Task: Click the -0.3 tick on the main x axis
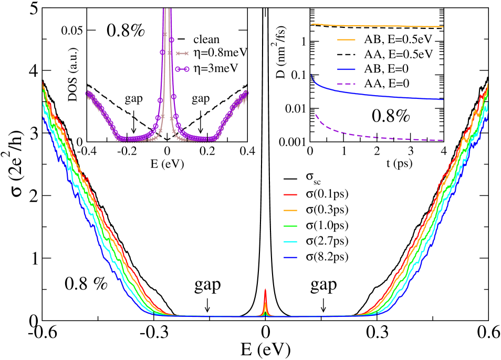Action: pos(153,333)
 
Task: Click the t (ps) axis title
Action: pos(377,163)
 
